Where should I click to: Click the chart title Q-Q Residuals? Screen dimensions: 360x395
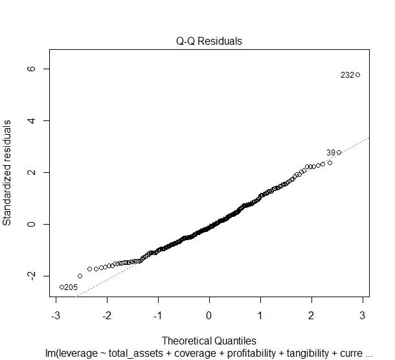pos(209,41)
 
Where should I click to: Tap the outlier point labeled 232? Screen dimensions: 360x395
pos(357,75)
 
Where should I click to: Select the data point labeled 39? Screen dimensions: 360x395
pos(339,153)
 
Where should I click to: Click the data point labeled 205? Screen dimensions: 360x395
pos(62,287)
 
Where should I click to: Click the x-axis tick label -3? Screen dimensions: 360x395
pos(54,315)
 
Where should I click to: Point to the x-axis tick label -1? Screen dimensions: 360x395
pos(157,315)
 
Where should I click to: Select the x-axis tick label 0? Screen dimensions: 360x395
pos(209,315)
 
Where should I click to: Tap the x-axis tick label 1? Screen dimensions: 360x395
pos(260,315)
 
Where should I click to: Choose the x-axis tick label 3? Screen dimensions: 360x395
pos(363,315)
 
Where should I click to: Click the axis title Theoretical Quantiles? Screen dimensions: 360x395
pos(209,341)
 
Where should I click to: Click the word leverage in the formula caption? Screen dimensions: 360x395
pos(76,352)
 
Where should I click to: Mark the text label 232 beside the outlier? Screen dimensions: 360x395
pos(346,75)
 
